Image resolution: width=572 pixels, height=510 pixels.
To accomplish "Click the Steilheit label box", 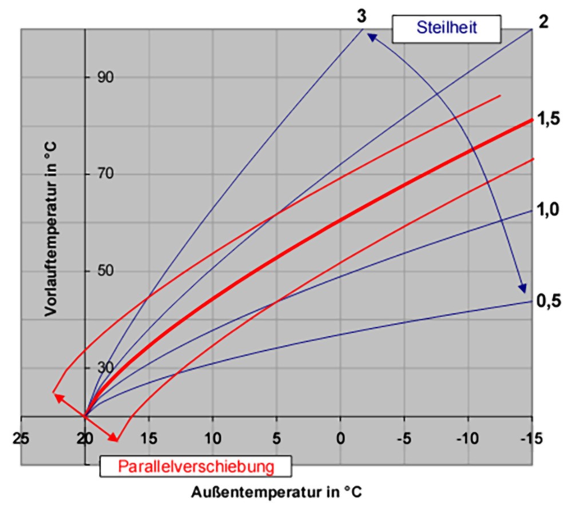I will point(447,28).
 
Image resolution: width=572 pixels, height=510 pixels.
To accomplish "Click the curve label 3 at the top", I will point(362,17).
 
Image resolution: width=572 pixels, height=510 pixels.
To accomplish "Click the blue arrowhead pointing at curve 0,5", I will point(522,288).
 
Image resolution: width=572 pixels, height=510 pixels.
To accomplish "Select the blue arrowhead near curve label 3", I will point(372,37).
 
